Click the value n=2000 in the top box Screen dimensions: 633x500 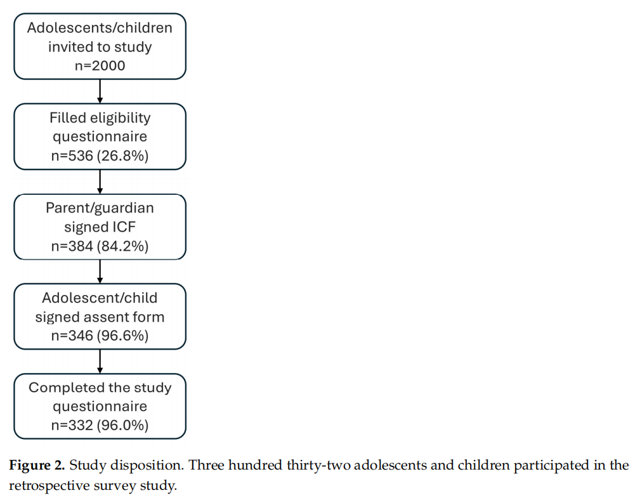pos(100,65)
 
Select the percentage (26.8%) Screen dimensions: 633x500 pos(122,155)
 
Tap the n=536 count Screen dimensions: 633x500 pos(72,155)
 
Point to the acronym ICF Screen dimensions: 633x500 pos(124,227)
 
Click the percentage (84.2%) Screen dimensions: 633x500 pos(122,246)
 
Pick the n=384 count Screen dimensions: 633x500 pos(72,246)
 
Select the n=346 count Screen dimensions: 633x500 pos(72,336)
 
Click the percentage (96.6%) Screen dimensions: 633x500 pos(122,336)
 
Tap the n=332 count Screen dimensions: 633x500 pos(72,425)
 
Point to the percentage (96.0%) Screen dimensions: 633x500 pos(122,425)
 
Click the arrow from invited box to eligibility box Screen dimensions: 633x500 pos(100,91)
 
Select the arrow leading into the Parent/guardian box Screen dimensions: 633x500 pos(100,181)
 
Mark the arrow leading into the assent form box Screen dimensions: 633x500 pos(100,272)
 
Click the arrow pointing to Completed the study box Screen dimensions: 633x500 pos(100,362)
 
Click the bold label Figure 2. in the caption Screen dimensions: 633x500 pos(37,466)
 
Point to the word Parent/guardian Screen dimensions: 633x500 pos(100,208)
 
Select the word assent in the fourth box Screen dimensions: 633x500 pos(100,317)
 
